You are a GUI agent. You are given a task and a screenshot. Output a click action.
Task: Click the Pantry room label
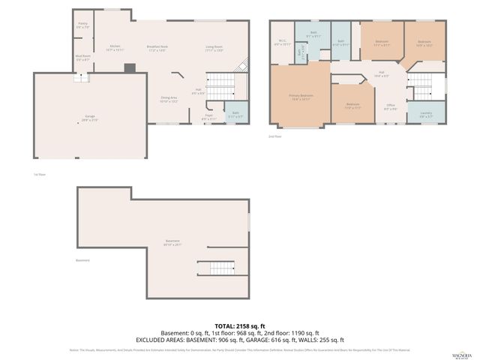pyautogui.click(x=82, y=25)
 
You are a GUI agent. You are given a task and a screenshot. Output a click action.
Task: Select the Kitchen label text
pyautogui.click(x=115, y=48)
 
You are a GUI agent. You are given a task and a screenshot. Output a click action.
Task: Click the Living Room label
pyautogui.click(x=214, y=48)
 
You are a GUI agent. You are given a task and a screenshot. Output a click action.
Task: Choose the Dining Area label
pyautogui.click(x=169, y=98)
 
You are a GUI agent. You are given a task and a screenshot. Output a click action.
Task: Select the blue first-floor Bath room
pyautogui.click(x=235, y=113)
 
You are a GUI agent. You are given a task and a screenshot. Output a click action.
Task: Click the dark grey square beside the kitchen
pyautogui.click(x=130, y=68)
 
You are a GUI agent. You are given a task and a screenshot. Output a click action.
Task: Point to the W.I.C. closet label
pyautogui.click(x=282, y=42)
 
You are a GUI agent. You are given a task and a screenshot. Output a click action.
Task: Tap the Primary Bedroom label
pyautogui.click(x=301, y=97)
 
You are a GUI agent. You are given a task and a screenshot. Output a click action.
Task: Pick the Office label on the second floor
pyautogui.click(x=391, y=106)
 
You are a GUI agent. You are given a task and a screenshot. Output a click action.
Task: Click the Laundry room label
pyautogui.click(x=426, y=115)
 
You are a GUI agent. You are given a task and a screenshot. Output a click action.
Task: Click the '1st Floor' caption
pyautogui.click(x=29, y=174)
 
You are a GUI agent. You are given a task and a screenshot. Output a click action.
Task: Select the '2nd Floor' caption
pyautogui.click(x=275, y=136)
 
